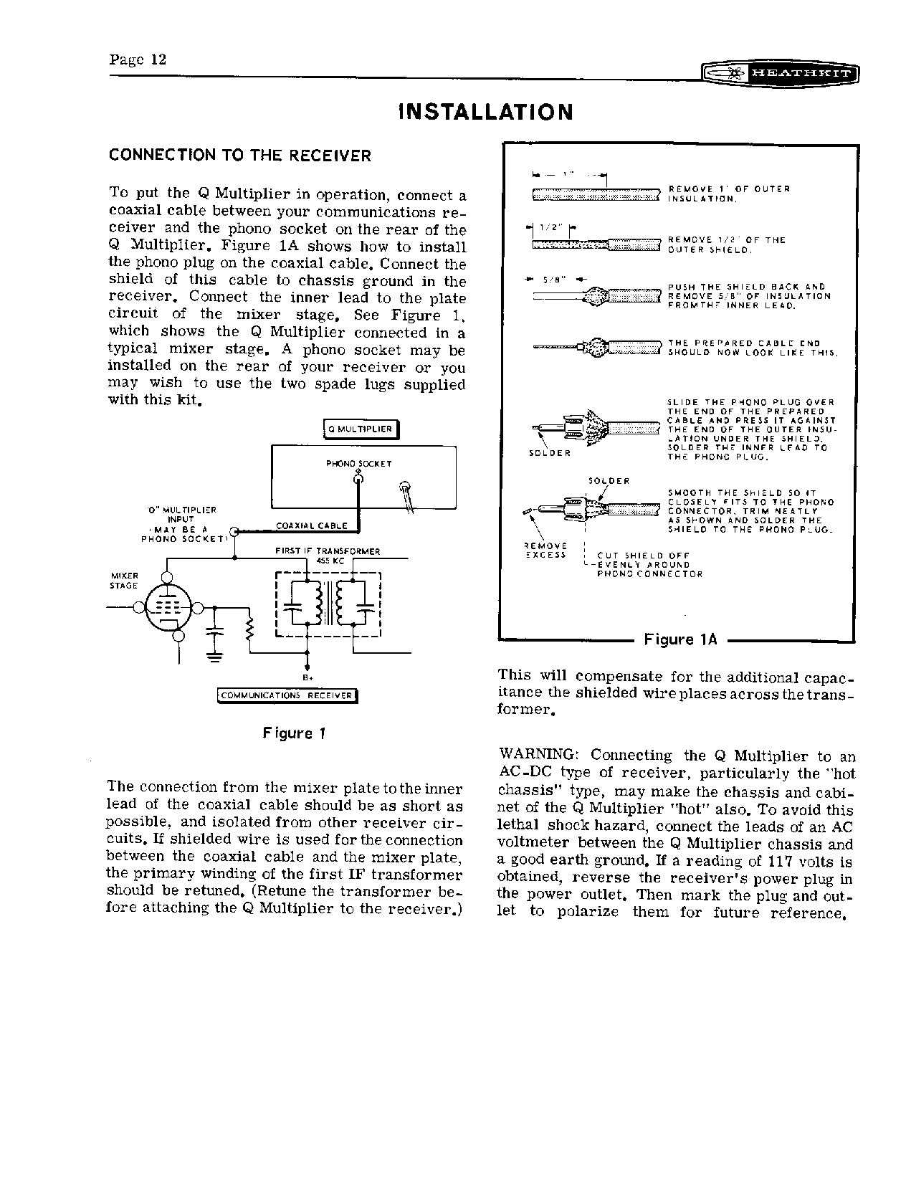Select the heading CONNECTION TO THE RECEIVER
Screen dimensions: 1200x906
pyautogui.click(x=239, y=156)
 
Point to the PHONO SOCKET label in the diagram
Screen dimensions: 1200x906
pyautogui.click(x=358, y=463)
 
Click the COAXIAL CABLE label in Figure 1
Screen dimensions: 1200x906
pyautogui.click(x=311, y=525)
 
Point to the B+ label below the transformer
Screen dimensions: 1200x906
pyautogui.click(x=307, y=677)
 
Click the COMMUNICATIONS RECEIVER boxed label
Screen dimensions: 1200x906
pyautogui.click(x=287, y=695)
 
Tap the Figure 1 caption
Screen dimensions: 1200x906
pyautogui.click(x=294, y=733)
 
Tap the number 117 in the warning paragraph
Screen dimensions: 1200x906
pyautogui.click(x=781, y=862)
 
